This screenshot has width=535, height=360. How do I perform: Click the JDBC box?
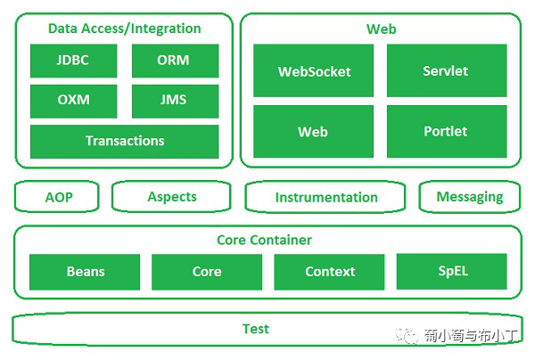[72, 61]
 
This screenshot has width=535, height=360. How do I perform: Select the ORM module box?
[174, 61]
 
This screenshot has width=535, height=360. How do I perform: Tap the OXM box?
[72, 101]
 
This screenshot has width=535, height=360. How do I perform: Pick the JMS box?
[174, 101]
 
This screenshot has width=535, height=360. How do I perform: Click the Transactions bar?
[124, 141]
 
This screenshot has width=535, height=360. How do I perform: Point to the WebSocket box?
[314, 71]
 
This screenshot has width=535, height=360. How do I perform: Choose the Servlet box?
[446, 71]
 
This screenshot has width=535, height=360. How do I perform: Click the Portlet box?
[446, 131]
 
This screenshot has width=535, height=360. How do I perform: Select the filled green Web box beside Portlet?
[314, 131]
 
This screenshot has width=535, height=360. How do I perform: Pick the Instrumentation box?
[326, 198]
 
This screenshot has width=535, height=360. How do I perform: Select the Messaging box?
[470, 197]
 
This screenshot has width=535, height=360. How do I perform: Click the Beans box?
[85, 272]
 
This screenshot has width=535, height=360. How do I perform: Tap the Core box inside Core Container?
[207, 272]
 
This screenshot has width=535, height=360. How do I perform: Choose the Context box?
[330, 272]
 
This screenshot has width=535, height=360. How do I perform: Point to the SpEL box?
[451, 271]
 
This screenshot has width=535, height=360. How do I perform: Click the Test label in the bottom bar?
[255, 329]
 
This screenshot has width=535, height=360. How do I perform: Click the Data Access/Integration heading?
[124, 29]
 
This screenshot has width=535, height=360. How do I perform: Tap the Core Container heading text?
[264, 240]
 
